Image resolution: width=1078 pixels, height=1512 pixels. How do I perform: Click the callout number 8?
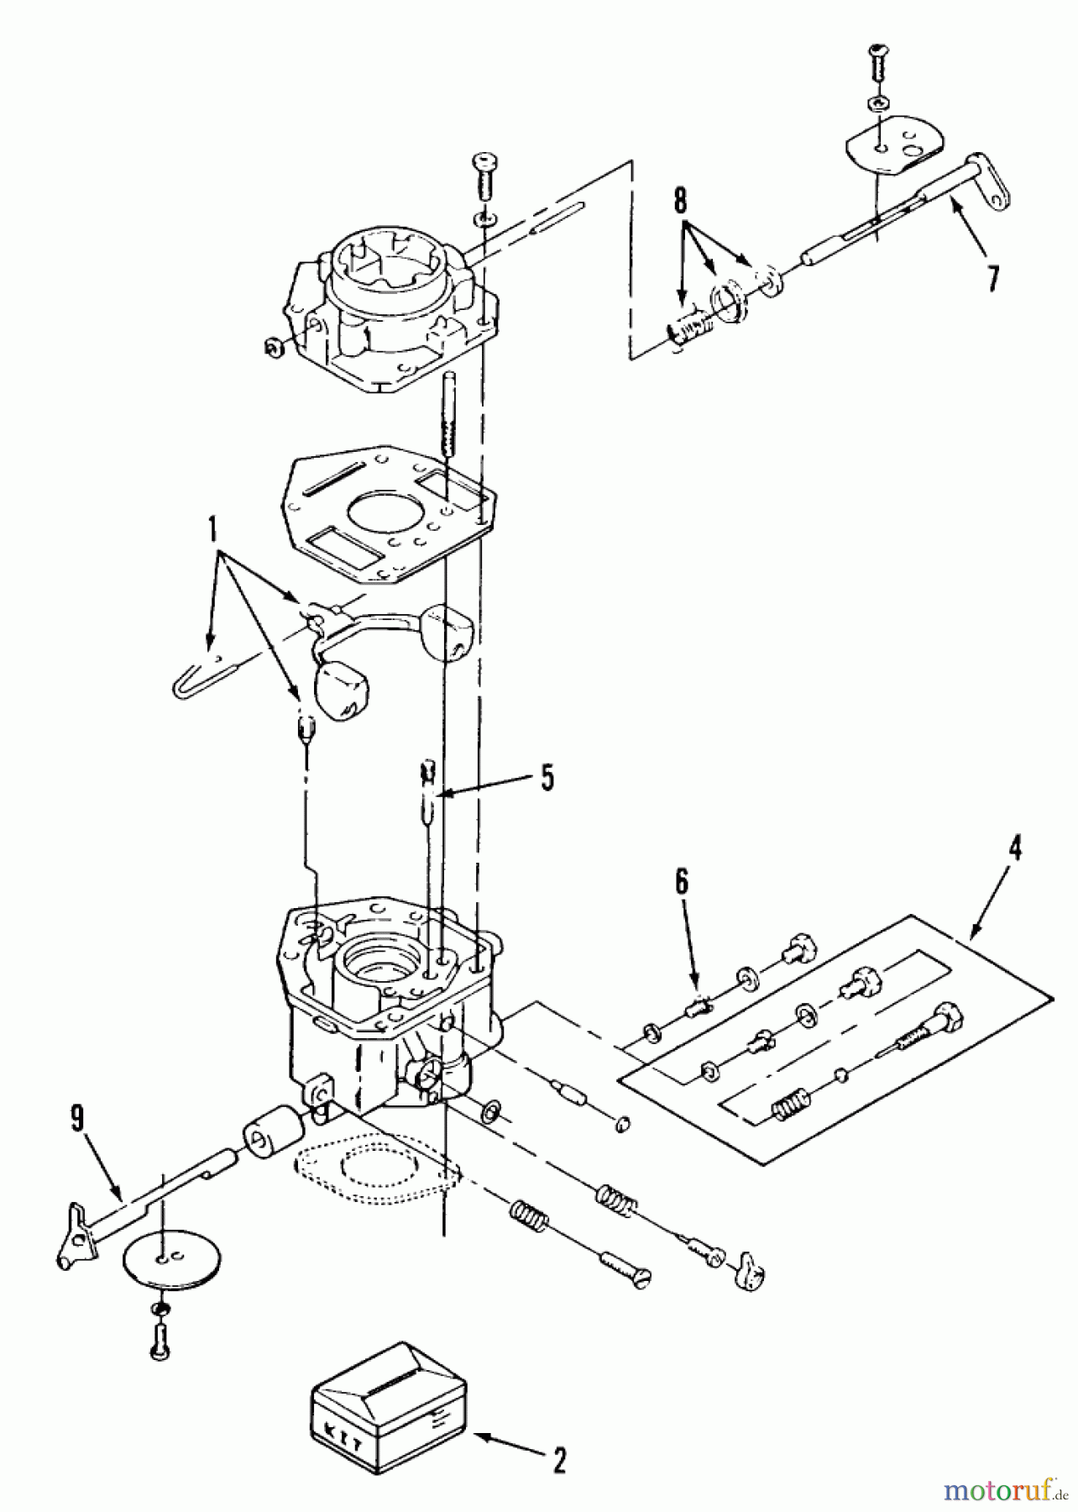tap(679, 202)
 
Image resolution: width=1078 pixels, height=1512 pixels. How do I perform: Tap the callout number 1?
tap(212, 529)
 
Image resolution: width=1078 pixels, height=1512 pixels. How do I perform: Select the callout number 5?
tap(547, 778)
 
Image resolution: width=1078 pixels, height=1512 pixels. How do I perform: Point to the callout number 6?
tap(681, 882)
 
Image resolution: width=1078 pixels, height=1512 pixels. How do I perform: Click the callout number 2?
tap(559, 1462)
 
